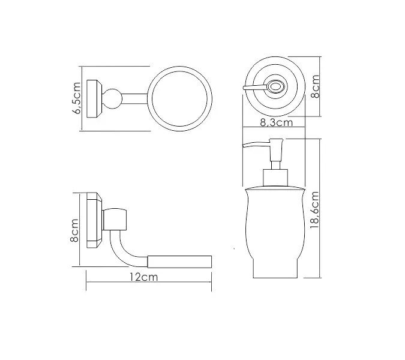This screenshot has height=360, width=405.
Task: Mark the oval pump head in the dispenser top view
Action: tap(275, 87)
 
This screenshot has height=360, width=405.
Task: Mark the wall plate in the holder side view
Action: tap(94, 220)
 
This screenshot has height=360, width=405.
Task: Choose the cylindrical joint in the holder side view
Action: tap(117, 220)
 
